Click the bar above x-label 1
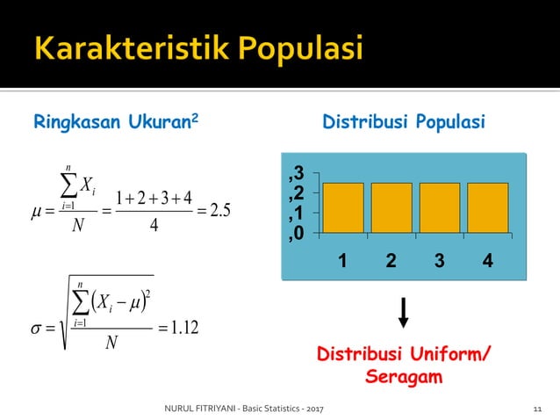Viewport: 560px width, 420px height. [343, 207]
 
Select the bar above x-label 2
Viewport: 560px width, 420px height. [391, 207]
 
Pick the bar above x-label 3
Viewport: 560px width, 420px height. [440, 207]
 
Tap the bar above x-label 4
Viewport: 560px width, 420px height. [487, 207]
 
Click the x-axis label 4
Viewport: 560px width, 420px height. [487, 261]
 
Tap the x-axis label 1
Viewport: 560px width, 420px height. [343, 261]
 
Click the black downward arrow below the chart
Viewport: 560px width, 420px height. [404, 313]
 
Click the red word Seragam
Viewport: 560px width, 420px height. [404, 377]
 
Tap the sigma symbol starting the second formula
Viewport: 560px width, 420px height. [35, 329]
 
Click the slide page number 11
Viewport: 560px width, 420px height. [538, 409]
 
